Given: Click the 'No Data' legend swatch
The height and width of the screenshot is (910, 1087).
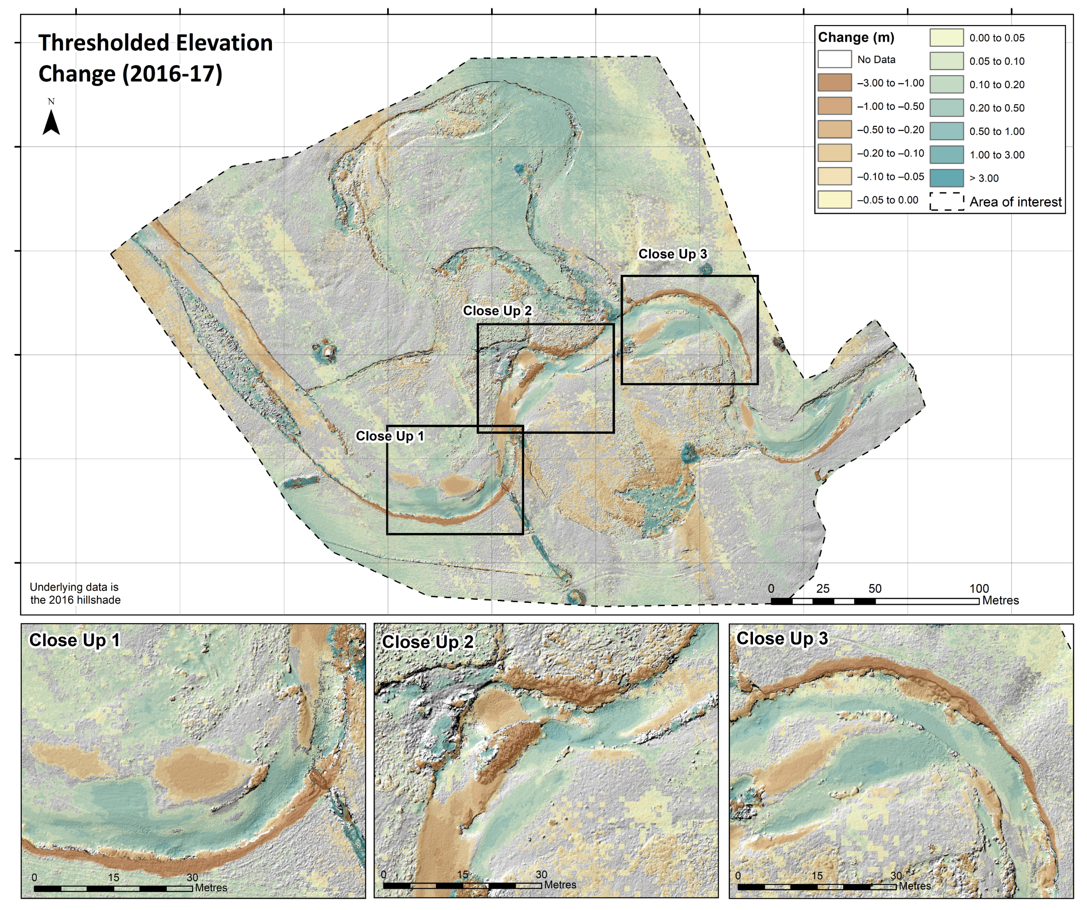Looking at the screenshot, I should coord(834,59).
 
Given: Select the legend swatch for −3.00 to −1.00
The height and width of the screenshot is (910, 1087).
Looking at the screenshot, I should coord(834,82).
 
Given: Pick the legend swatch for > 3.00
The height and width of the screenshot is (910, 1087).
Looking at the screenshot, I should coord(946,178).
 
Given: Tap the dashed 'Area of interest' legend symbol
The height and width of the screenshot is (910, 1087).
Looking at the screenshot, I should coord(946,201).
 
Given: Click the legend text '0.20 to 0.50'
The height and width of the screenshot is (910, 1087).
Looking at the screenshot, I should coord(996,108).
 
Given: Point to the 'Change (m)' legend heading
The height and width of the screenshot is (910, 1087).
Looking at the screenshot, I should coord(856,37).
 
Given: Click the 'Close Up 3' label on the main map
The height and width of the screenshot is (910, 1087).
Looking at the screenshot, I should coord(672,254).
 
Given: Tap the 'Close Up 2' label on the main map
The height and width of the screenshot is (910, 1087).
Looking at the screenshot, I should coord(497,311).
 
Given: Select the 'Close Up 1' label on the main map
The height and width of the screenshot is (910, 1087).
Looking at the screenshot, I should coord(390,436).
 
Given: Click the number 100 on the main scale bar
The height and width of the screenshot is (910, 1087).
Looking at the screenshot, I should coord(979,588).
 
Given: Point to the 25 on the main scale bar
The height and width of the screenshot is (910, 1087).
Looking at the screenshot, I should coord(823,588).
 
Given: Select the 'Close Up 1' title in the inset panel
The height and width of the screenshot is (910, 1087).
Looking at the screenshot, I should coord(74,640).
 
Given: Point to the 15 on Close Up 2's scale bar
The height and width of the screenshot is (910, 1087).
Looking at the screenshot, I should coord(462,874).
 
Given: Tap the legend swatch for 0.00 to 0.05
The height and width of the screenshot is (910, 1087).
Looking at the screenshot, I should coord(946,38).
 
